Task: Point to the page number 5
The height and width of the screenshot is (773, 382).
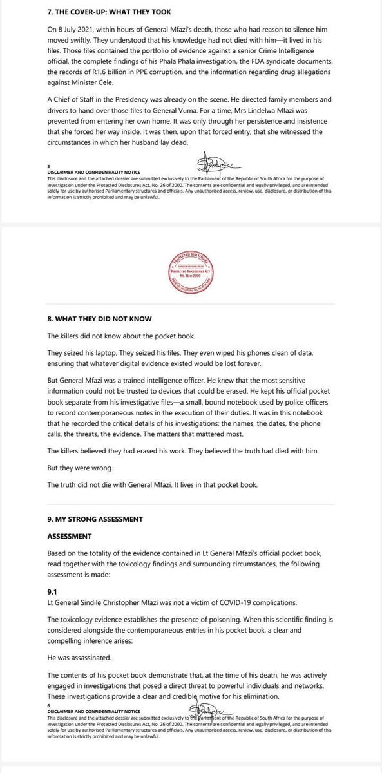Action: click(x=49, y=166)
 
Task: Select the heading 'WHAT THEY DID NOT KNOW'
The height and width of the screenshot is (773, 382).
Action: click(x=100, y=318)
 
